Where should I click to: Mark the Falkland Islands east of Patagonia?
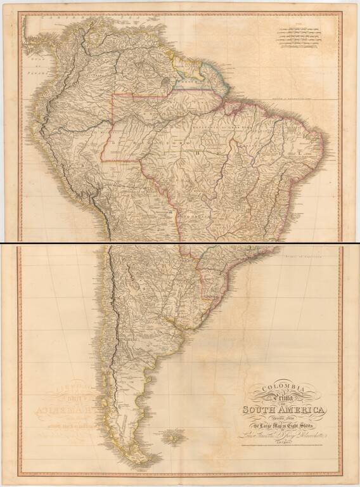pyautogui.click(x=170, y=436)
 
